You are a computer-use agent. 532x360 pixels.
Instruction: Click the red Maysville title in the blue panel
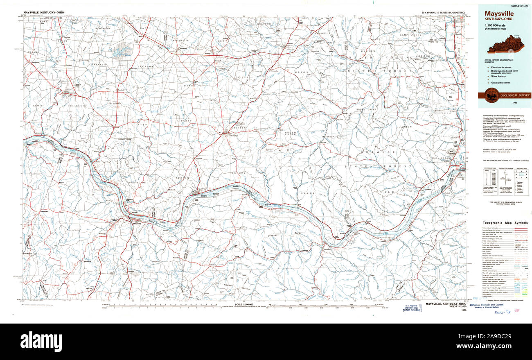pos(499,14)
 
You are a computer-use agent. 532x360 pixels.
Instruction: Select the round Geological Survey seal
pos(491,95)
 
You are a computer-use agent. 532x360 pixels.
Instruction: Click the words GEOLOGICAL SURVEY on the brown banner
pos(514,95)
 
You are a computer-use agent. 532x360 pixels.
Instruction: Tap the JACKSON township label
pos(145,66)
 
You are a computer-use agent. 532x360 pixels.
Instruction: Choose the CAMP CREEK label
pos(410,36)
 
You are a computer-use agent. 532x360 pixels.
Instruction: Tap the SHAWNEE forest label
pos(383,152)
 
